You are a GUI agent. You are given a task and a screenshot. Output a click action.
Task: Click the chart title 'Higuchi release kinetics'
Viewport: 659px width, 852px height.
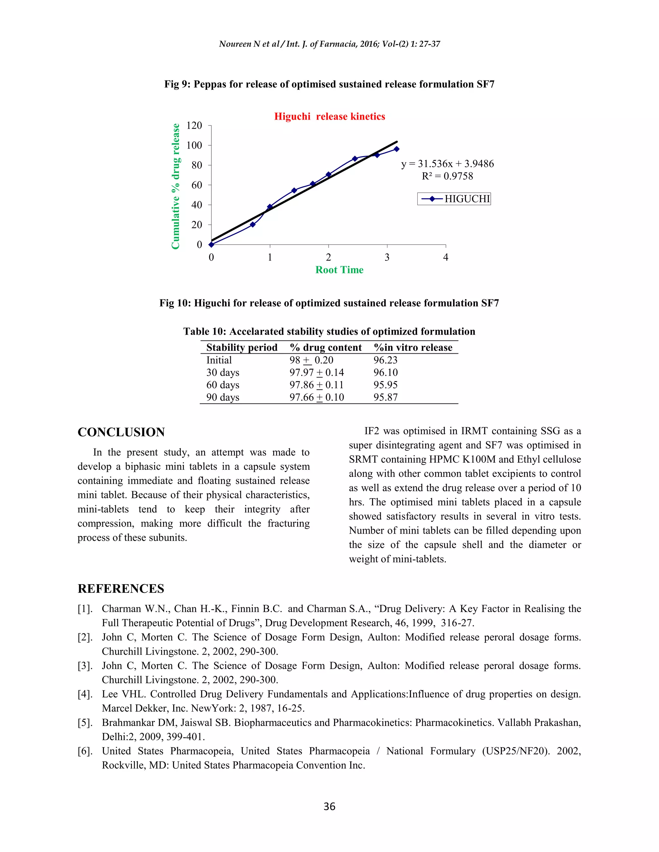point(329,117)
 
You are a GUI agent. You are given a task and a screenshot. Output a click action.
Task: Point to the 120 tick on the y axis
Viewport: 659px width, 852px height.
point(194,126)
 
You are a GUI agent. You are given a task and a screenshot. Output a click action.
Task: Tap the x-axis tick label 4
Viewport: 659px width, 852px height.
point(445,258)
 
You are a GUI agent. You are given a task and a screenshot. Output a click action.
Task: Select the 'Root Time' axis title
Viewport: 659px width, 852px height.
point(339,270)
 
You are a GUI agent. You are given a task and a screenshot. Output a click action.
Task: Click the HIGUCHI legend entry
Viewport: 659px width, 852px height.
point(454,199)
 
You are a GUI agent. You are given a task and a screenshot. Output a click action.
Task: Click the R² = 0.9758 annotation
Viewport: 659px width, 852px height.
point(447,176)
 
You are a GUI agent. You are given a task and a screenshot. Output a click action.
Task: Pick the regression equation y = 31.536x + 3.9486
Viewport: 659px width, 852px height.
point(447,164)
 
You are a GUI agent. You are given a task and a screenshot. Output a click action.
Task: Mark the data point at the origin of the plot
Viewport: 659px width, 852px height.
point(211,245)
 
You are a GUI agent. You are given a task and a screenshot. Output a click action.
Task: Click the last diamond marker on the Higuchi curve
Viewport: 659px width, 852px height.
point(397,149)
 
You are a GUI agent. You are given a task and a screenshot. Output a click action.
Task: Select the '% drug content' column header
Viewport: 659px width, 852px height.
point(326,348)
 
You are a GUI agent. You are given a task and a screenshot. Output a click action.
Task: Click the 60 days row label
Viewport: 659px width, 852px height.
point(223,385)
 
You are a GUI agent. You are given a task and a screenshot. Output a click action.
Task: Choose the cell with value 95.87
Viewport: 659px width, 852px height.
point(385,397)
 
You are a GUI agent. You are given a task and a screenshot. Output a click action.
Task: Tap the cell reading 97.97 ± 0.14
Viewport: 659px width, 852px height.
point(317,373)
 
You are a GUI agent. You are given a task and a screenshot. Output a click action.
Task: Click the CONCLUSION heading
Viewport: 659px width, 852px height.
point(121,432)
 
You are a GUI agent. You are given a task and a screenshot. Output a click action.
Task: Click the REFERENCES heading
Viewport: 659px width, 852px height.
point(121,589)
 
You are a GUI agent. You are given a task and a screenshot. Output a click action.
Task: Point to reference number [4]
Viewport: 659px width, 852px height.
point(85,694)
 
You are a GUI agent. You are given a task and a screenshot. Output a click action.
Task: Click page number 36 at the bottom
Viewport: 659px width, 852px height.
point(329,806)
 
